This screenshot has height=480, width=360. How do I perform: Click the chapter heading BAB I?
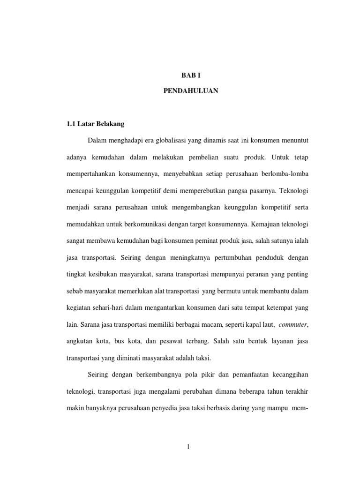191,75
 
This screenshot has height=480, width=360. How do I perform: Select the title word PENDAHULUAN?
191,91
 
